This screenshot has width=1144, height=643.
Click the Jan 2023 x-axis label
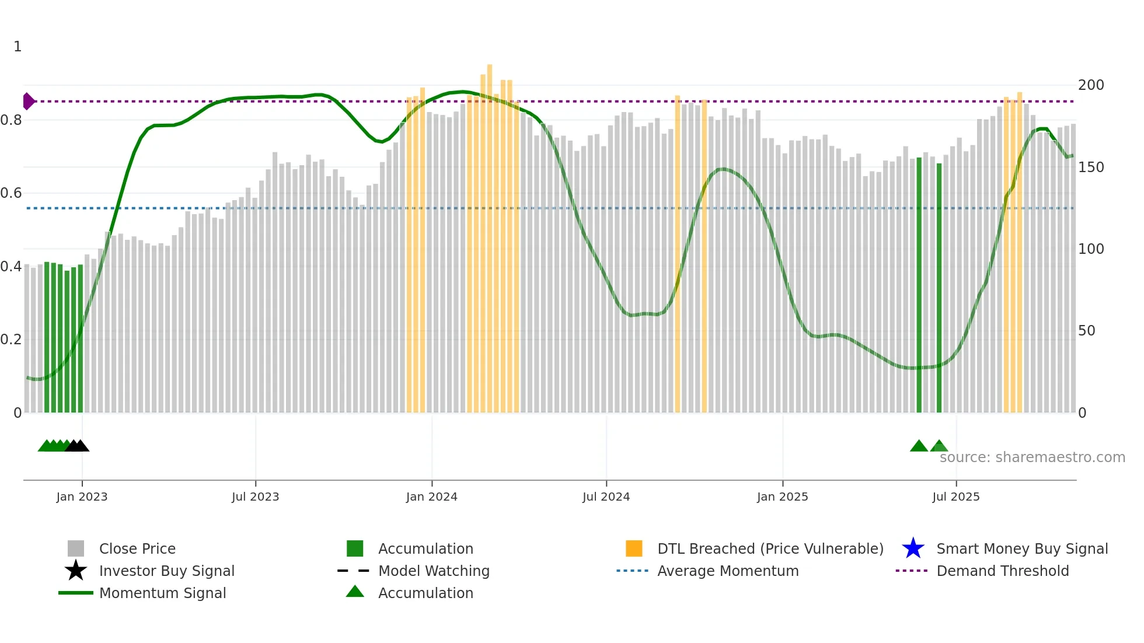pos(82,497)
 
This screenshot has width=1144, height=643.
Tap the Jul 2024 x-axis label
pos(606,497)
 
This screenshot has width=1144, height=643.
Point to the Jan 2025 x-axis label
pos(782,497)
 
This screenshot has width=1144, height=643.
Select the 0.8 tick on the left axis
pos(12,120)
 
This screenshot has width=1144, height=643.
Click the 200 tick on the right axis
pos(1090,85)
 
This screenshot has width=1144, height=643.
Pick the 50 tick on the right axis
pos(1086,331)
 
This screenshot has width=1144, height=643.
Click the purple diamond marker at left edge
pos(28,102)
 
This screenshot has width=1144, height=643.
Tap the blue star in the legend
pos(913,548)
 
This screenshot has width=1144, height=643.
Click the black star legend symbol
pos(76,571)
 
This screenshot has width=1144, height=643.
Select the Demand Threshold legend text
pos(1002,571)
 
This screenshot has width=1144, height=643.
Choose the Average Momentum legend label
pos(727,571)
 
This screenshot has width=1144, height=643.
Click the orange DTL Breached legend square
pos(634,548)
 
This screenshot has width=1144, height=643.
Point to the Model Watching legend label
pos(433,571)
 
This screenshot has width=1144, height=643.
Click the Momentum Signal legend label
pos(162,593)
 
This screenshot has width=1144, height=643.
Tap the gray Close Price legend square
pos(76,548)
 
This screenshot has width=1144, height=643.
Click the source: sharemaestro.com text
pos(1032,457)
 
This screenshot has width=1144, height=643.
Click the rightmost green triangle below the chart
pos(939,446)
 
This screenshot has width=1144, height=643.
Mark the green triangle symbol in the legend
pos(355,592)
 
